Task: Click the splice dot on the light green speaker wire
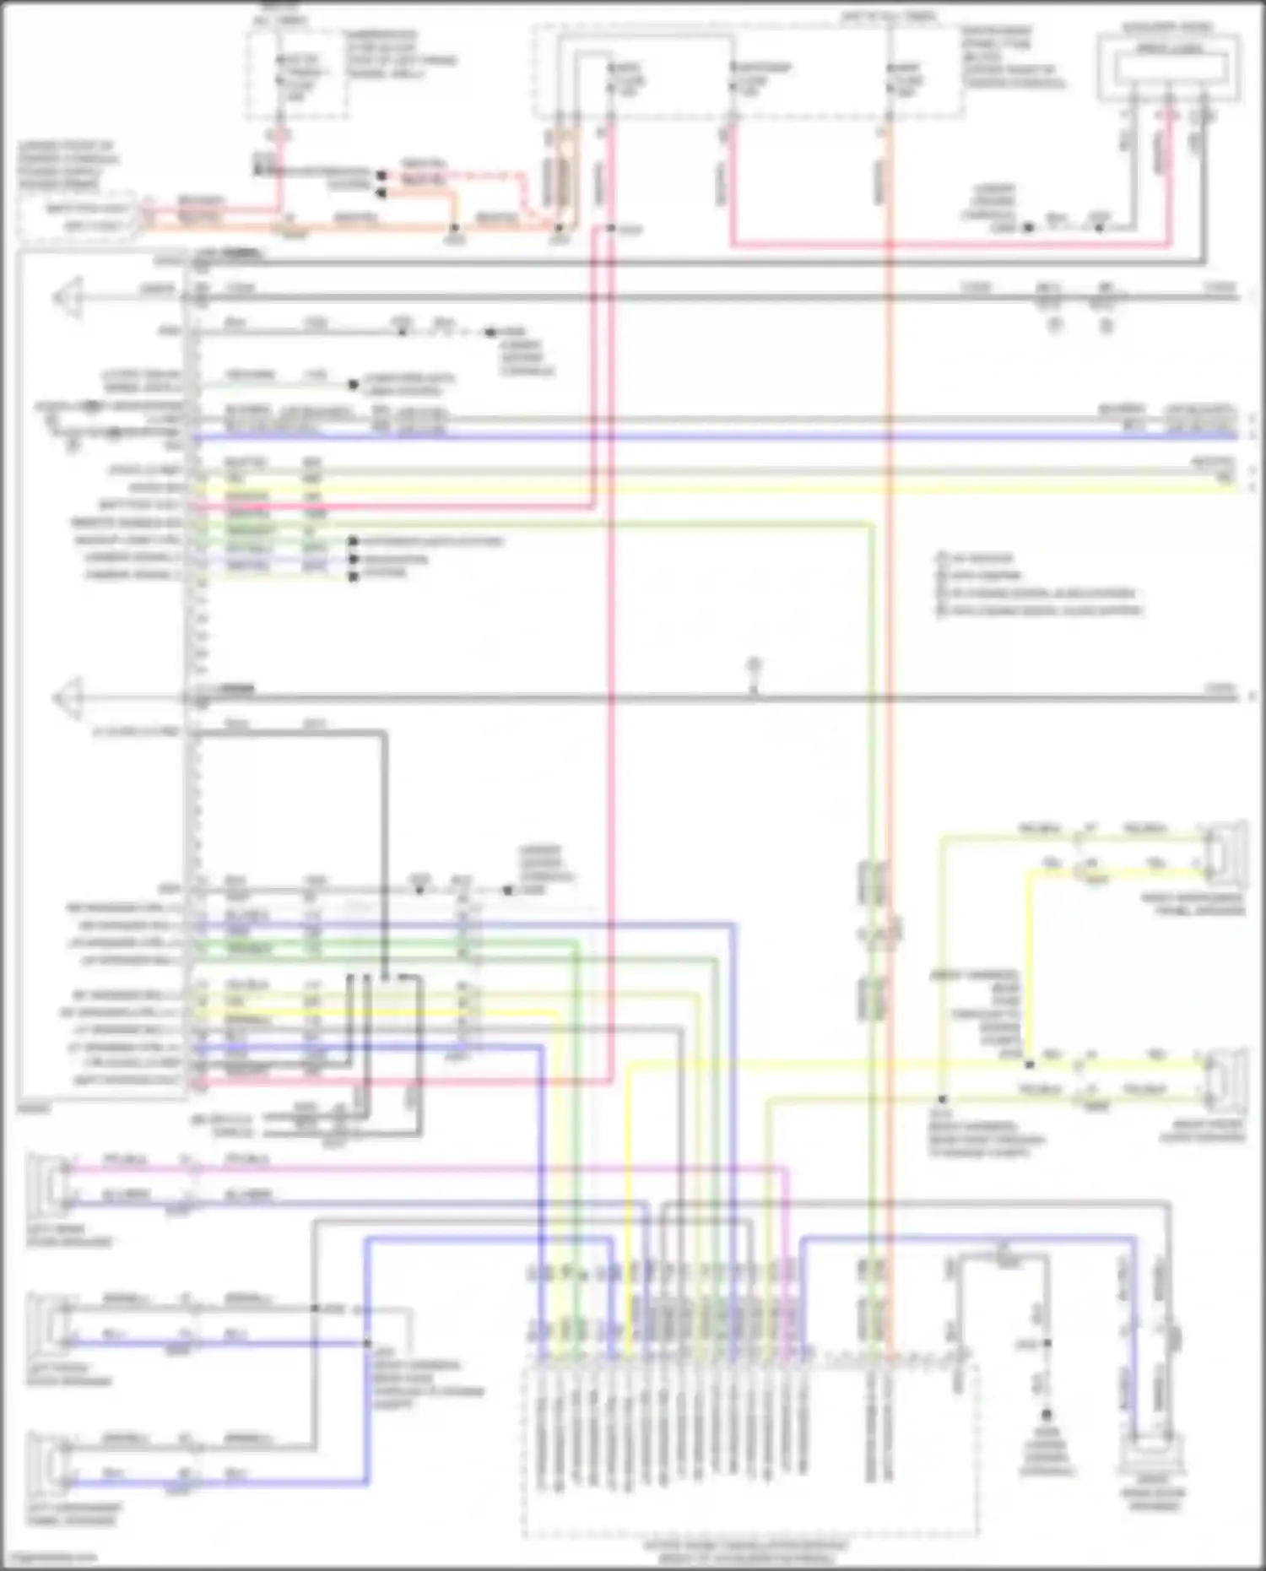(x=943, y=1100)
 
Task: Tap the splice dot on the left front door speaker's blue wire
(x=368, y=1342)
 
